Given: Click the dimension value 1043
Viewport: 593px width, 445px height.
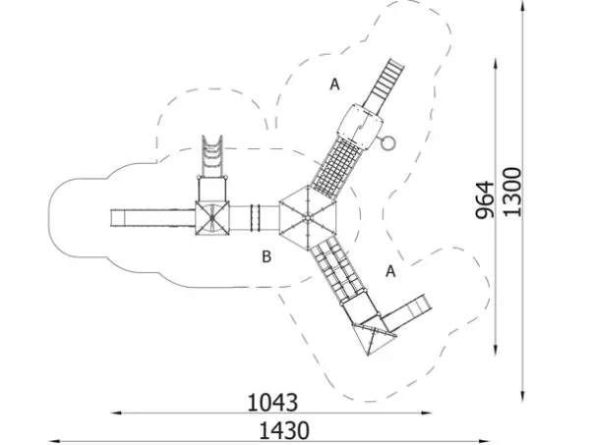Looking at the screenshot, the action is (x=272, y=403).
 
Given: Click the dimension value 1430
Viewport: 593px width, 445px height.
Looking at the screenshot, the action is (x=284, y=430).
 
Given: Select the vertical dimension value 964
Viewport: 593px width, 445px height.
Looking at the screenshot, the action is (x=485, y=200).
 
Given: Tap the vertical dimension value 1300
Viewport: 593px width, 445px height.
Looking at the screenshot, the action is (x=512, y=192).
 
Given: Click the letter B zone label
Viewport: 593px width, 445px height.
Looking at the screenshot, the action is (x=267, y=256).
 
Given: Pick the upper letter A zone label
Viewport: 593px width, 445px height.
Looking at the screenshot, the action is (x=334, y=84).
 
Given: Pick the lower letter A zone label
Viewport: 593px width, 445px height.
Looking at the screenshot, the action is (x=390, y=271).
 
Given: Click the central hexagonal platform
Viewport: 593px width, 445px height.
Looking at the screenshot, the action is (x=308, y=218).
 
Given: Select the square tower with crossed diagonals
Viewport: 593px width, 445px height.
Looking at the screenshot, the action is (x=212, y=218).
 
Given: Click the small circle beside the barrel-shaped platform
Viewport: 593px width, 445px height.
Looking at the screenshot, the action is (x=388, y=142).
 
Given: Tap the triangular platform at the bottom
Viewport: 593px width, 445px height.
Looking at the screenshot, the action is (x=373, y=337).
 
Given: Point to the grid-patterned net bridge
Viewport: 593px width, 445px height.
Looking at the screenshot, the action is (x=334, y=166).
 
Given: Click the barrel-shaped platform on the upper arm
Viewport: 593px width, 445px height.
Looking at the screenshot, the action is (x=360, y=126).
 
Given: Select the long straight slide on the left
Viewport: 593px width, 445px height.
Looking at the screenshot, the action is (x=152, y=218).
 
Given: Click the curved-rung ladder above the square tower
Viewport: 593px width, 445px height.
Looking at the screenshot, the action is (x=211, y=156).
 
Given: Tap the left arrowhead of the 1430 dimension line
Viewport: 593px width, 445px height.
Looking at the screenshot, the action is (x=54, y=441).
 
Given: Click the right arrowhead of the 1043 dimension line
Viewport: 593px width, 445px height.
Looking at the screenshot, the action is (x=428, y=413).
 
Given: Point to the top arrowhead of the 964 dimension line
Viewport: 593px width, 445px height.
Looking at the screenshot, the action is (x=496, y=63).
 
